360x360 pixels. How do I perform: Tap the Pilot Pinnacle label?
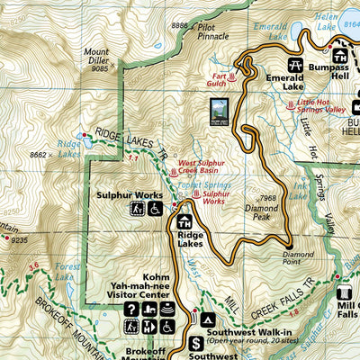[216, 33]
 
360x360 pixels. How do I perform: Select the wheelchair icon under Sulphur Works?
[154, 209]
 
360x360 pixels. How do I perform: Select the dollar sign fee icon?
[198, 342]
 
